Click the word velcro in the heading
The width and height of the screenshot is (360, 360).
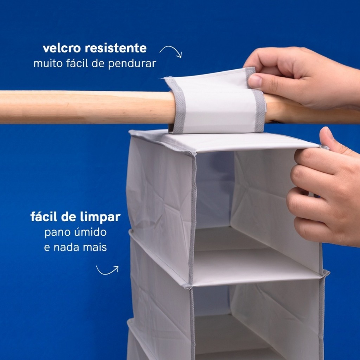62,48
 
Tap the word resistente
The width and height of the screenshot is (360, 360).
116,49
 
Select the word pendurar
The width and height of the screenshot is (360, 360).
132,64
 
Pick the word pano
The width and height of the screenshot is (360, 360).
58,233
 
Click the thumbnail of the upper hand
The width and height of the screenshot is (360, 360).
255,81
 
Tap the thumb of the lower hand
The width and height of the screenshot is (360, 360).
333,140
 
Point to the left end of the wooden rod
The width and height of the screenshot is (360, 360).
1,107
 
